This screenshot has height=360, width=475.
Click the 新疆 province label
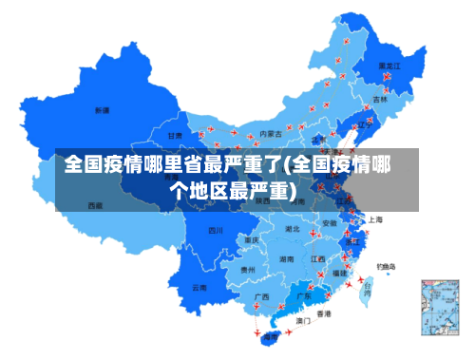click(x=102, y=110)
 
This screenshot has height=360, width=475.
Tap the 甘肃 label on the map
click(x=175, y=136)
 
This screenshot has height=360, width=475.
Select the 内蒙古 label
click(x=271, y=134)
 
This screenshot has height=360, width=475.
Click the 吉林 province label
click(x=380, y=99)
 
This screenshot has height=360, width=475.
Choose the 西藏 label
click(x=95, y=205)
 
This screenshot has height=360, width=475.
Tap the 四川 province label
click(x=216, y=230)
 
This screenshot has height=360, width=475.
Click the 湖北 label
click(x=294, y=229)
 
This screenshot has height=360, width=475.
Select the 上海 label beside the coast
click(x=375, y=219)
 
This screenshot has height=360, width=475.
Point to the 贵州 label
click(x=248, y=270)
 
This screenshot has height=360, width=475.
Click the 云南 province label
click(x=199, y=286)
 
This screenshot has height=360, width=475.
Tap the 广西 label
click(x=261, y=296)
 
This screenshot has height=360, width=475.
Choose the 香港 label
click(x=324, y=313)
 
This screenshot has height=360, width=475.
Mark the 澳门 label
click(x=304, y=321)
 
